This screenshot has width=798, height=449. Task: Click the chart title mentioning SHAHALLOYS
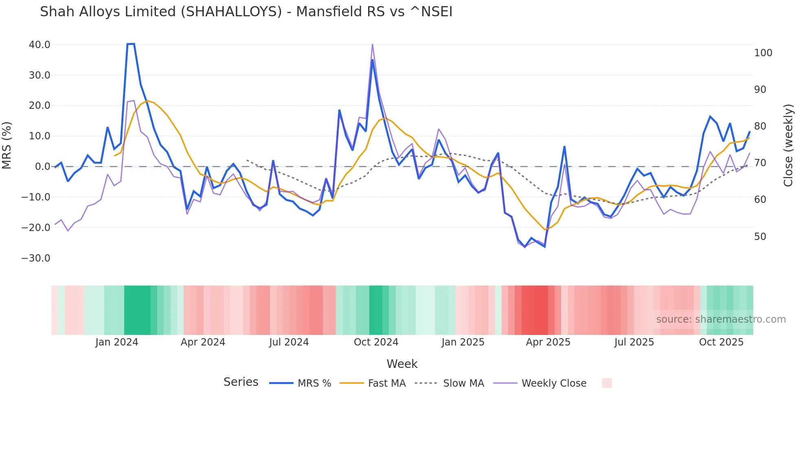[246, 12]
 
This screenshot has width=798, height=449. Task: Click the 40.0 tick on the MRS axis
[39, 45]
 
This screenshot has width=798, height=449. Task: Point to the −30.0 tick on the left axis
[36, 258]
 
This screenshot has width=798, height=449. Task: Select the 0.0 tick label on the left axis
[42, 167]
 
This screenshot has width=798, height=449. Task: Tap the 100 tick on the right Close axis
[763, 53]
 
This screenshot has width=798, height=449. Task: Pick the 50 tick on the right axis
[760, 237]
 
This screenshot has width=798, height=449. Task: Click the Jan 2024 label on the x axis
[117, 342]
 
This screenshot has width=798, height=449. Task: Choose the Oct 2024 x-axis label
[376, 342]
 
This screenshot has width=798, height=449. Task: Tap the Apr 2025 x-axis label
[548, 342]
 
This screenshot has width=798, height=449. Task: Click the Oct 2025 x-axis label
[721, 342]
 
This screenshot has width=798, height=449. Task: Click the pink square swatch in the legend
[607, 383]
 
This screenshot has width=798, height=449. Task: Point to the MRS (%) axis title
[7, 145]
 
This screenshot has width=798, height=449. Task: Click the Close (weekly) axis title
[788, 145]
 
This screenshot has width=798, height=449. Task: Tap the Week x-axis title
[402, 364]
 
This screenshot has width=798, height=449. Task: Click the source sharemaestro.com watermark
[721, 319]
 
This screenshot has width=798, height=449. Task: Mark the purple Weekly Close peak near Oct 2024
[372, 44]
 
